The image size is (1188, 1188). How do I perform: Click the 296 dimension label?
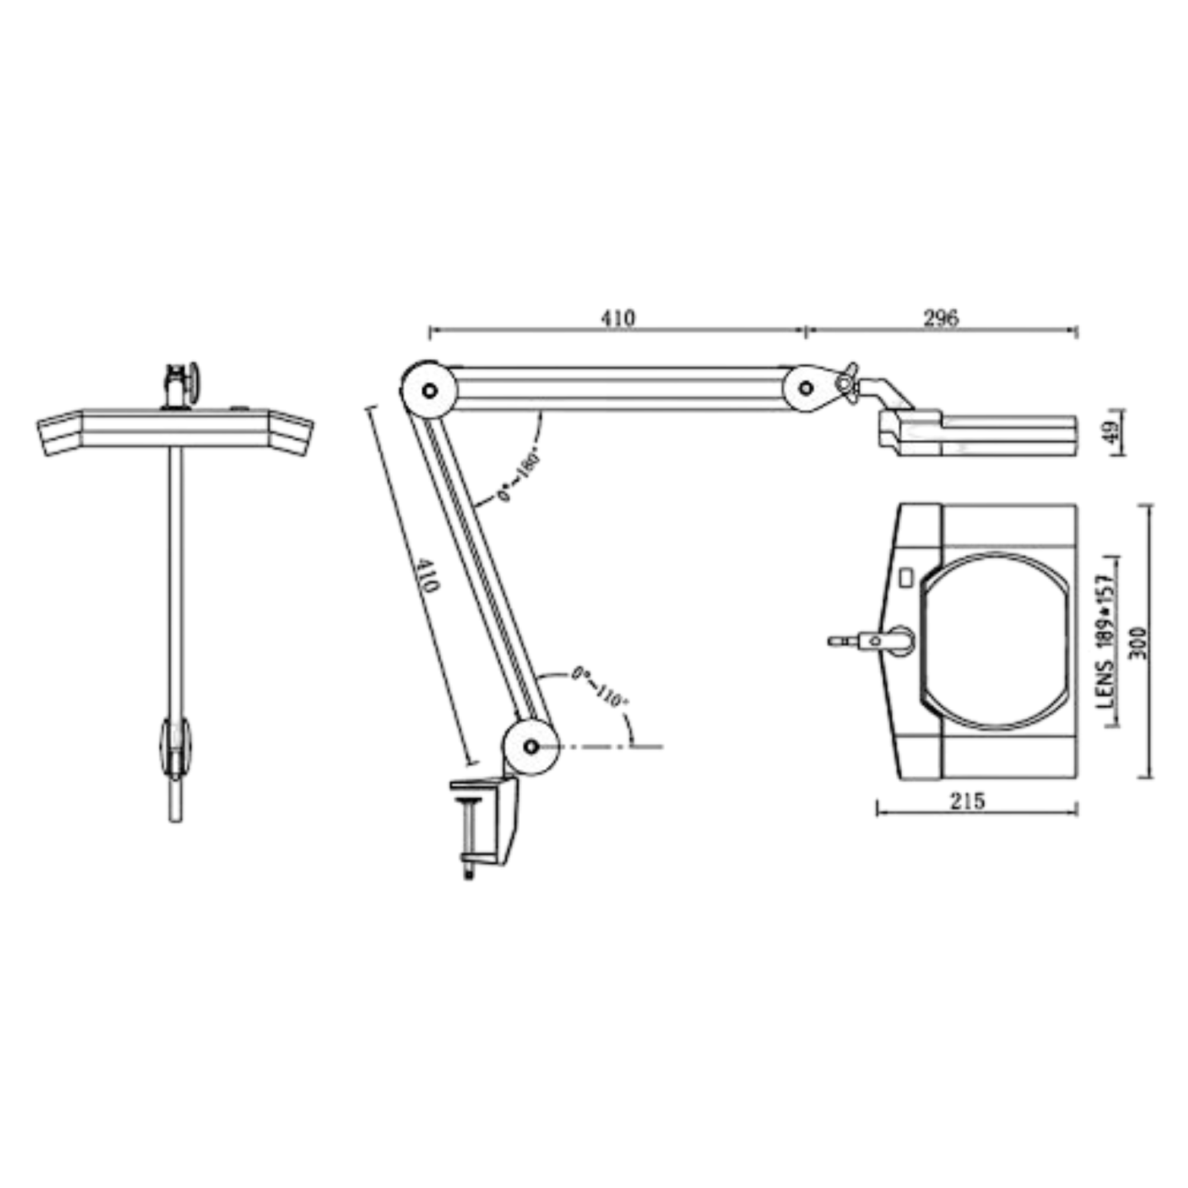(941, 318)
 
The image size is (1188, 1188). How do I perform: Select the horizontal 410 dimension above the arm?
(617, 318)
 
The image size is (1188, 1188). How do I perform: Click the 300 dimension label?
(1139, 643)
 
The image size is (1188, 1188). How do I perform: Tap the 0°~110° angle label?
(598, 688)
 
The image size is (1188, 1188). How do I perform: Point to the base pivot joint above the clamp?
(530, 747)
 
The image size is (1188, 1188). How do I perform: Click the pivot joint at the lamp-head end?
(806, 388)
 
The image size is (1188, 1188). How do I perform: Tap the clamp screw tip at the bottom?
(469, 873)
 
